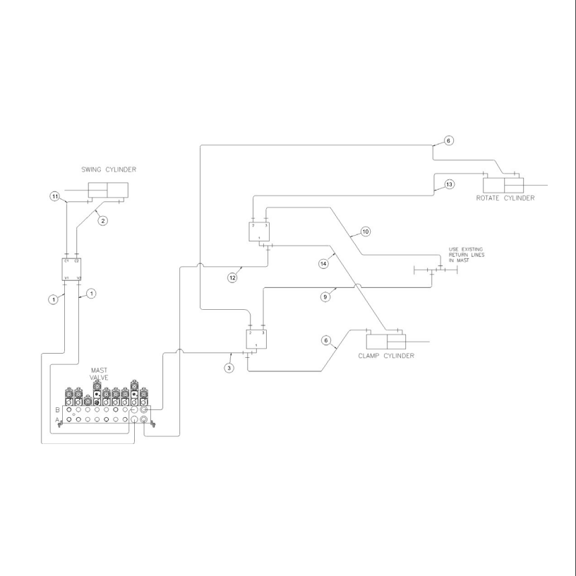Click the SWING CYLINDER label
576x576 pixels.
109,169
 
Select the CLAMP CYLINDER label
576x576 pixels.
386,355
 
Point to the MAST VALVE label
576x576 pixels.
99,374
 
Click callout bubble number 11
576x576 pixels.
54,196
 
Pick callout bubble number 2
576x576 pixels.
103,221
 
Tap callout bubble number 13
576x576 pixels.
449,184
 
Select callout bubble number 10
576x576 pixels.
366,232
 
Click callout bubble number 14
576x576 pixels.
324,263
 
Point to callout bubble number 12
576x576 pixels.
232,277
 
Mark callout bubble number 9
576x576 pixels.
325,297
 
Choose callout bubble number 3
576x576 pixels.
229,368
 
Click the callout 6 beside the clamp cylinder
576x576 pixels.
326,340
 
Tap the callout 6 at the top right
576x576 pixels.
449,140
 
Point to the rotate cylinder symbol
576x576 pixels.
503,184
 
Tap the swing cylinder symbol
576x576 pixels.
108,190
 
